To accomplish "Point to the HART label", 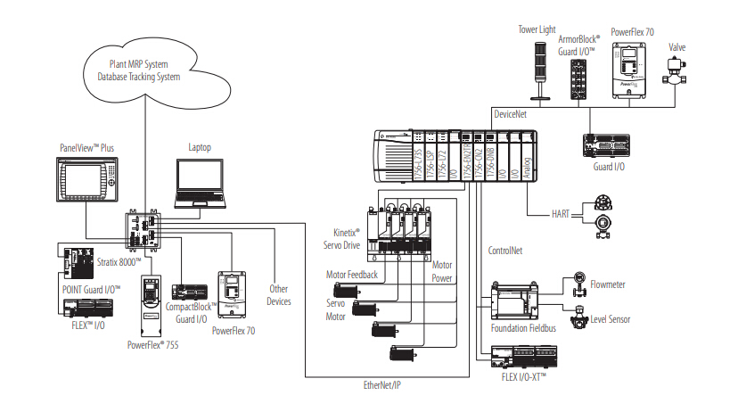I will point(561,213).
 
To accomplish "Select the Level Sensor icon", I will point(579,317).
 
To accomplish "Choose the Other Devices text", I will point(279,295).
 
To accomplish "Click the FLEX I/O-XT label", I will point(523,377).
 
